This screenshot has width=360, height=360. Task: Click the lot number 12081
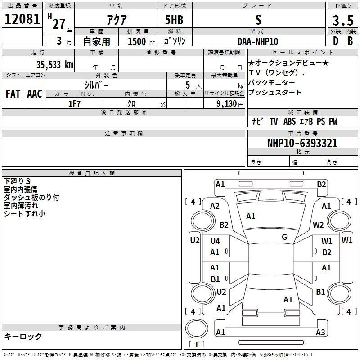pos(22,19)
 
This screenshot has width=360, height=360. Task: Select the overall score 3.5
pos(343,20)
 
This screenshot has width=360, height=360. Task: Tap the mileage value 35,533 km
pos(54,65)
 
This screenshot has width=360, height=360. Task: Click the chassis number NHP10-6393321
pos(302,143)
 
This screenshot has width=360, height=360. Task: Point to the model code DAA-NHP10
pos(258,41)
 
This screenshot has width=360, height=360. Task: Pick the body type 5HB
pos(174,20)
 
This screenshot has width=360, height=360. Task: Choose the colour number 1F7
pos(74,104)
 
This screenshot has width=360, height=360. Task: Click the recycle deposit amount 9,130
pos(227,104)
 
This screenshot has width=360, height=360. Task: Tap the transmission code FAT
pos(13,94)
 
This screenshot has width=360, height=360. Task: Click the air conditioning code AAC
pos(35,94)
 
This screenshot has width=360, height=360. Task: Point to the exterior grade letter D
pos(336,41)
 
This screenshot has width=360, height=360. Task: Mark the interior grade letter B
pos(350,41)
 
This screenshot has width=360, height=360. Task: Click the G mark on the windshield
pos(284,237)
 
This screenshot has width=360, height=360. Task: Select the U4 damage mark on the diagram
pos(215,241)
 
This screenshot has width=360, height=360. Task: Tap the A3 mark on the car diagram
pos(320,332)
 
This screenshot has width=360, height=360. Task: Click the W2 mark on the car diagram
pos(318,225)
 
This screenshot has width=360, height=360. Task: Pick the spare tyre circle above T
pos(197,328)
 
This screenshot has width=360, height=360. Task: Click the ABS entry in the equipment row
pos(289,121)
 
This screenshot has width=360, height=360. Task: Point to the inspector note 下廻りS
pos(17,181)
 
